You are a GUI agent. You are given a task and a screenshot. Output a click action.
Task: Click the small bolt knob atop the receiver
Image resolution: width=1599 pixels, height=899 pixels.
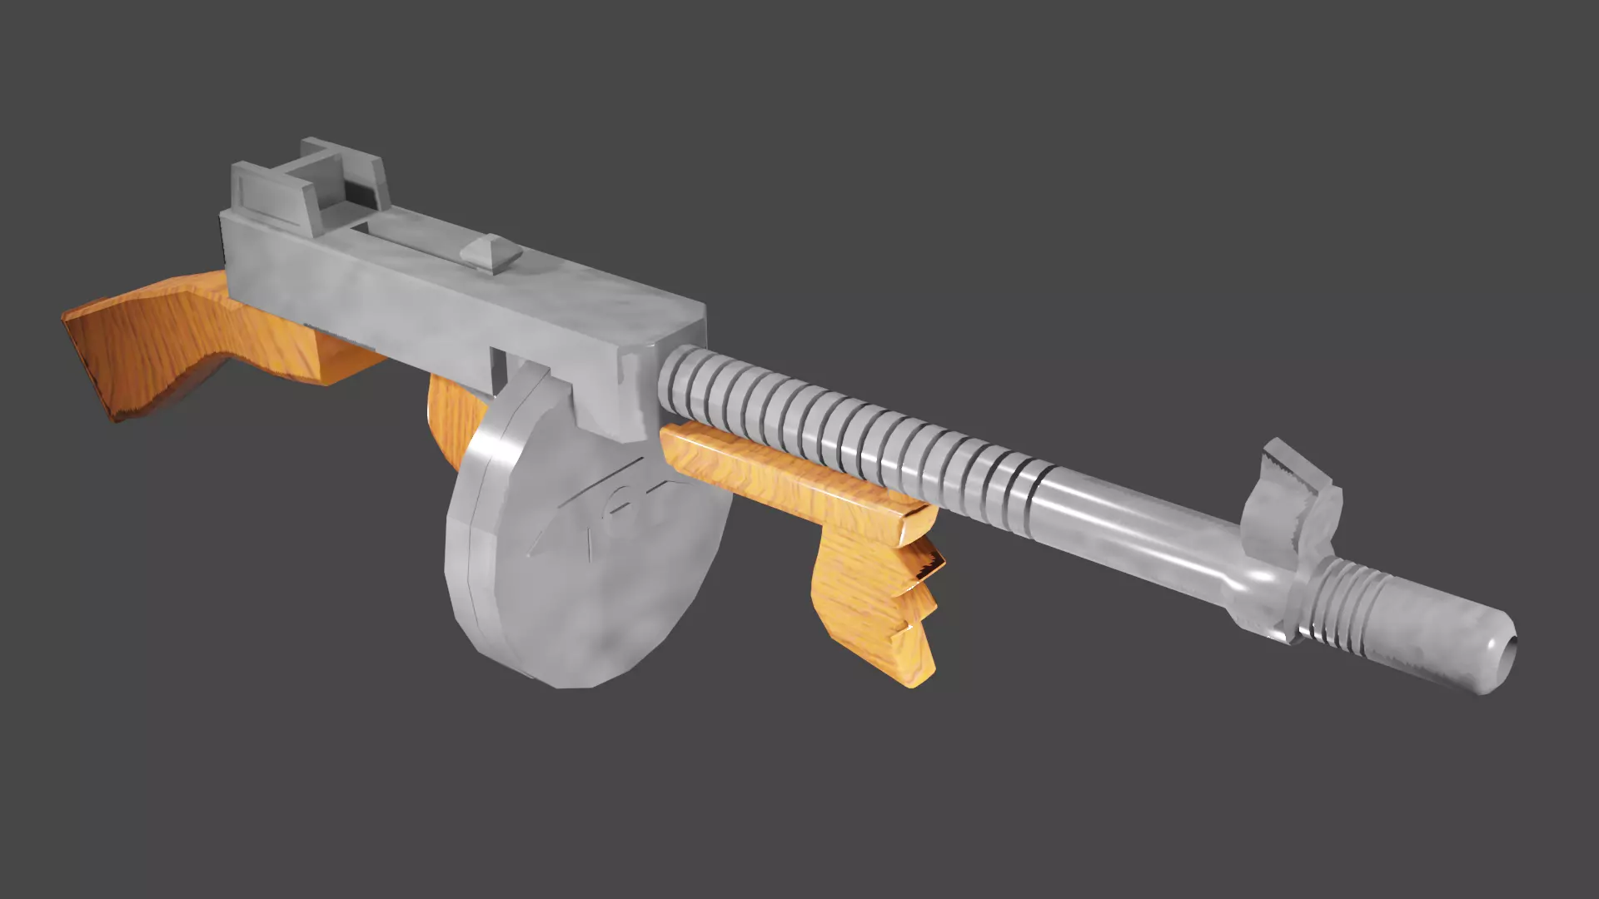point(492,252)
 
